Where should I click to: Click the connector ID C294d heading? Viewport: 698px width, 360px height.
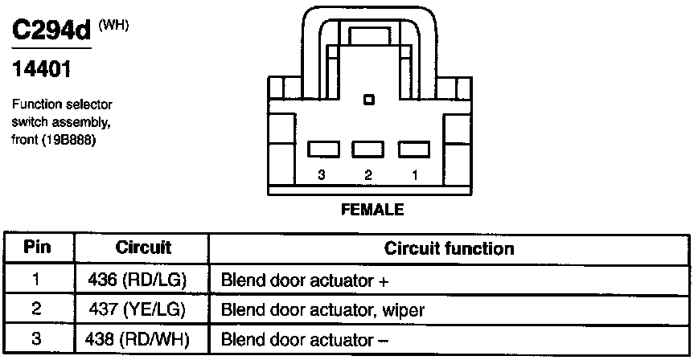pos(51,31)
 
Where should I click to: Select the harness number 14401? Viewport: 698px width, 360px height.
pos(43,70)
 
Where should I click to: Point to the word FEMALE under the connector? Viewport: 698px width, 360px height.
pos(372,210)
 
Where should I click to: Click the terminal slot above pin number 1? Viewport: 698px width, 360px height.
pos(415,149)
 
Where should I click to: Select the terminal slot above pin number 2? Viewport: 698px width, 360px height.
pos(368,149)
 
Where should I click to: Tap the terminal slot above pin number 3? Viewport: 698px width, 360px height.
pos(322,149)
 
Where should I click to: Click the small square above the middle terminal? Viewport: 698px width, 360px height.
pos(369,100)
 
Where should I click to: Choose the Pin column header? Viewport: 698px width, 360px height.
pos(37,247)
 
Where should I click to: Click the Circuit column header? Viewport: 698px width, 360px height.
pos(143,247)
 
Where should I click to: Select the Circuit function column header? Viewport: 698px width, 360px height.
pos(449,247)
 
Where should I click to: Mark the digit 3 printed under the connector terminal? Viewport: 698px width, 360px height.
pos(322,174)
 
